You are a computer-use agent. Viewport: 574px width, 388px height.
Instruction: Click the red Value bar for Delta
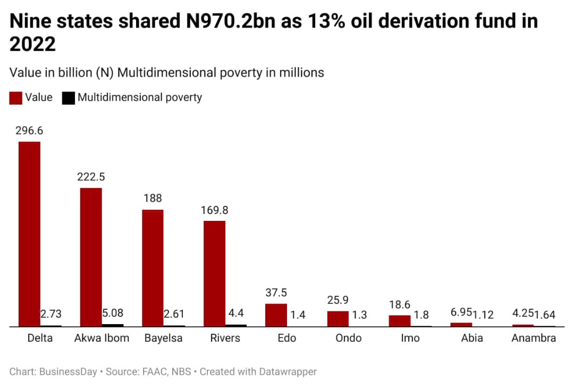click(x=29, y=234)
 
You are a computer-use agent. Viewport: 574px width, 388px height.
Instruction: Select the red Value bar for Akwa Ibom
click(x=91, y=257)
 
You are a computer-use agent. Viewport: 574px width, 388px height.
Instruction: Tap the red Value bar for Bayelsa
click(x=153, y=268)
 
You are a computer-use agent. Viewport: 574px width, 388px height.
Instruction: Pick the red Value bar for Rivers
click(x=214, y=273)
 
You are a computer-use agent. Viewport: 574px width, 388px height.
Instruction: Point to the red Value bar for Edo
click(x=276, y=315)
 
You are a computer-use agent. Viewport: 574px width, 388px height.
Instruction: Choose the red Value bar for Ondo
click(x=337, y=318)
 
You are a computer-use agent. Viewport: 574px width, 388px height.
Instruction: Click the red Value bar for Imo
click(x=399, y=320)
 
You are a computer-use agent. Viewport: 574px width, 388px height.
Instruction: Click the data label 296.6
click(x=29, y=131)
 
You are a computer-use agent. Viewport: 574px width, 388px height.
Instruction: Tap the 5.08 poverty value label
click(x=113, y=313)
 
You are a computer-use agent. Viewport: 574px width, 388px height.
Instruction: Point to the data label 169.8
click(x=214, y=210)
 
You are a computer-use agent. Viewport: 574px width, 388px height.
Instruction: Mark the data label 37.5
click(x=276, y=293)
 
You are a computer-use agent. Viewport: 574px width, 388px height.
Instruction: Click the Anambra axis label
click(x=533, y=338)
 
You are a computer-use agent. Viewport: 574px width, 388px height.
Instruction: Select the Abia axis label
click(x=472, y=338)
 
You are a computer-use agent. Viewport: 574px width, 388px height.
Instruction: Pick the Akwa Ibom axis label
click(x=102, y=338)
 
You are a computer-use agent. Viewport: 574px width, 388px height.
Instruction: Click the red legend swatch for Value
click(x=16, y=98)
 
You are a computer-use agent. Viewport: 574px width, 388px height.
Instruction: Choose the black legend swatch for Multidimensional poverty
click(x=68, y=98)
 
